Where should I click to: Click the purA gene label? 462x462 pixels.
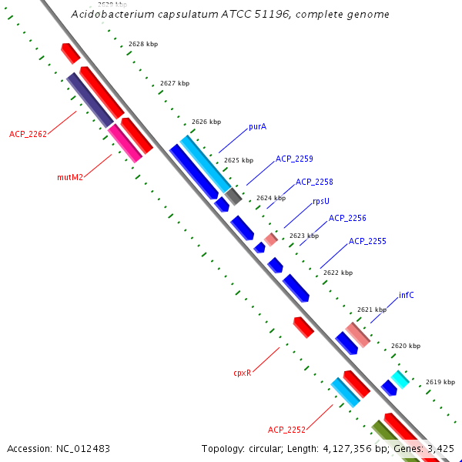point(257,126)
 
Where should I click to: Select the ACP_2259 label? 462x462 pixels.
point(294,159)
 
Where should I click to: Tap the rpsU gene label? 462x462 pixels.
point(321,201)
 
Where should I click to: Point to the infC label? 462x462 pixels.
point(406,295)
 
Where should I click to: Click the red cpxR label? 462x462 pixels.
point(243,373)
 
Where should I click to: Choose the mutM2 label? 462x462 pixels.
point(70,177)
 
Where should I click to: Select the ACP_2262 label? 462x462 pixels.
point(28,134)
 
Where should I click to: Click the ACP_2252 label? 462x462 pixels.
point(286,430)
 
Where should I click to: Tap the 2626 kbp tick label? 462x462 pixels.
point(206,122)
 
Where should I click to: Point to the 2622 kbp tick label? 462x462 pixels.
point(338,273)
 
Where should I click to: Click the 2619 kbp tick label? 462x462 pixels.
point(440,382)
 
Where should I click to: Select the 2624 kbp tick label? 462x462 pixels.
point(271,198)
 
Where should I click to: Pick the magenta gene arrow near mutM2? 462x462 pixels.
point(125,143)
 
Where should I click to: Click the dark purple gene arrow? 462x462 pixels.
point(91,100)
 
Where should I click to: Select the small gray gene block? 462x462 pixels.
point(234,196)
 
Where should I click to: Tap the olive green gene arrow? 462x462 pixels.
point(384,436)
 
